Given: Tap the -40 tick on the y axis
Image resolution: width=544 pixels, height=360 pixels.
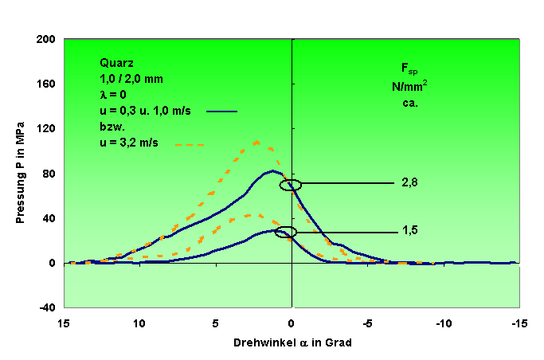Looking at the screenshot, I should click(x=48, y=307).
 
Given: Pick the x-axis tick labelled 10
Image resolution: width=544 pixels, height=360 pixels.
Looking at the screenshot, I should click(x=140, y=325).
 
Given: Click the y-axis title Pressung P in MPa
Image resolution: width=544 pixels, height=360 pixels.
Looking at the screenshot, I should click(x=22, y=172).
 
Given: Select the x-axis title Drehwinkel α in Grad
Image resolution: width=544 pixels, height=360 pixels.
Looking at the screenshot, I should click(x=292, y=343).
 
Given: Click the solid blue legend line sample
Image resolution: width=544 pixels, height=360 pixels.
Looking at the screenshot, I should click(x=221, y=111).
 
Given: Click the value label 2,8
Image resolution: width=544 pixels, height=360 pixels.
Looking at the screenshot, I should click(x=411, y=183).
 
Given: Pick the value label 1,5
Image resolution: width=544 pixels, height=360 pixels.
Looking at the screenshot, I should click(x=411, y=231).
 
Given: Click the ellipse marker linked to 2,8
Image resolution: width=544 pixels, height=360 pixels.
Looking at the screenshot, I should click(x=291, y=185).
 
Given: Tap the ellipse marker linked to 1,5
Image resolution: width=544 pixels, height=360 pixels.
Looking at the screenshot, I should click(x=285, y=233).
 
